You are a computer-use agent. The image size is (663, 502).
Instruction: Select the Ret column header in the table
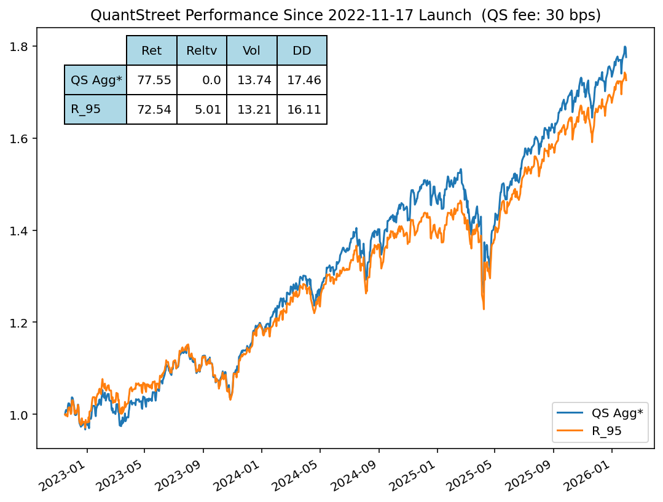pyautogui.click(x=151, y=51)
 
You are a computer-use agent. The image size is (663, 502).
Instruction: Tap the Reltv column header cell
pyautogui.click(x=202, y=51)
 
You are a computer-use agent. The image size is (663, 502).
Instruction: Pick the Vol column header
pyautogui.click(x=251, y=51)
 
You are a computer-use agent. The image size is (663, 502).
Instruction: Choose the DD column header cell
pyautogui.click(x=302, y=51)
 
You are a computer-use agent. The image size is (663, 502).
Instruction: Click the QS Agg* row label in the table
pyautogui.click(x=96, y=80)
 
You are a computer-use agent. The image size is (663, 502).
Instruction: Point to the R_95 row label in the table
pyautogui.click(x=96, y=109)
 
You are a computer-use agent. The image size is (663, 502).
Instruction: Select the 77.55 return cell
pyautogui.click(x=151, y=80)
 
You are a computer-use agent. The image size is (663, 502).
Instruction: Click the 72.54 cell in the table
pyautogui.click(x=151, y=109)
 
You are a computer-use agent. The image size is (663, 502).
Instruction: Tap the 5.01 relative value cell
pyautogui.click(x=202, y=109)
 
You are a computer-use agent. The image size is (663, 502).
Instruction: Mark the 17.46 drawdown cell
pyautogui.click(x=302, y=80)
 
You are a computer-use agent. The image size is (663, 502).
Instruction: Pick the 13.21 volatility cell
pyautogui.click(x=251, y=109)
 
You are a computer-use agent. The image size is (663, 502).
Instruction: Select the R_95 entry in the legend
pyautogui.click(x=606, y=431)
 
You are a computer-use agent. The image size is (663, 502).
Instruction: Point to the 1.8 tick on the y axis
pyautogui.click(x=22, y=47)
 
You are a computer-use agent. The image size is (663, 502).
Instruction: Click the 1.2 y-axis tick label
pyautogui.click(x=22, y=323)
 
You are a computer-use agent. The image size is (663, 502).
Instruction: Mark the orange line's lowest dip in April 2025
pyautogui.click(x=484, y=308)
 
